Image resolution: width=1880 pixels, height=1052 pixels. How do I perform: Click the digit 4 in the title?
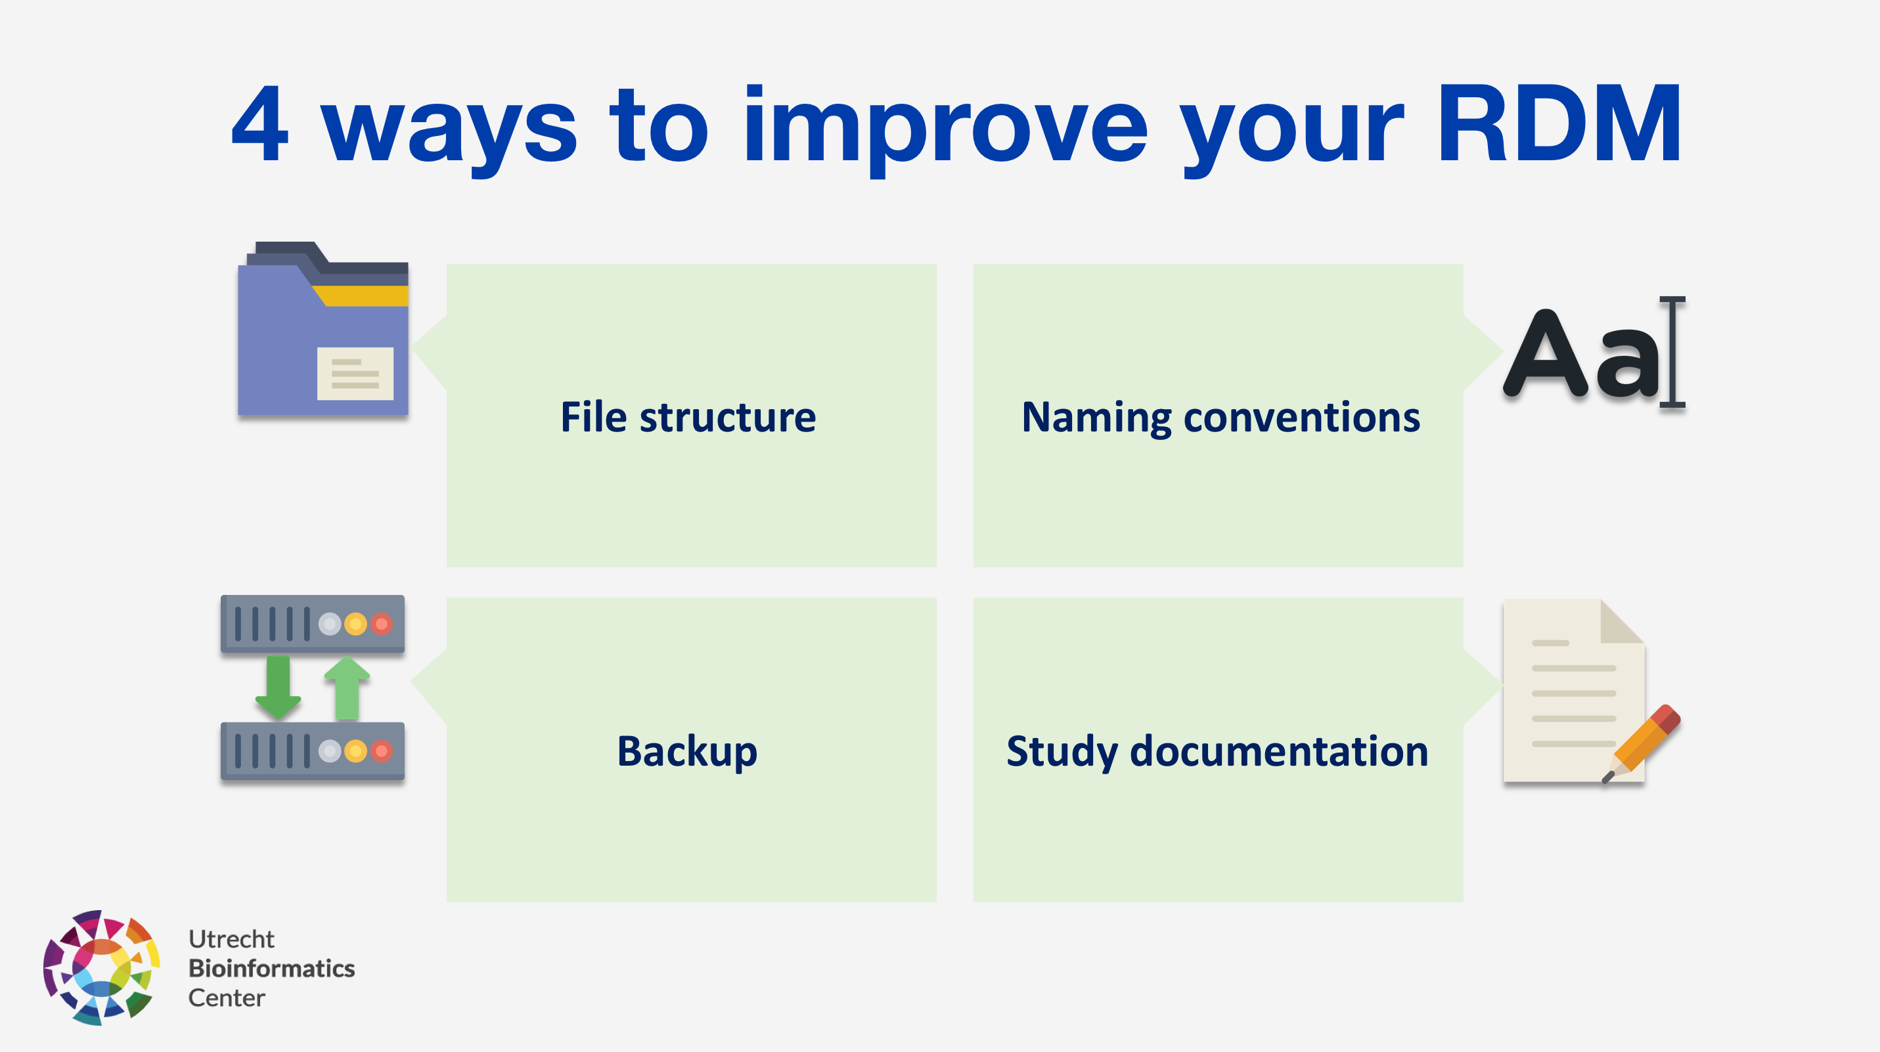click(x=260, y=124)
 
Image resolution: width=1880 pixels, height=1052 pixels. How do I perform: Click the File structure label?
click(x=688, y=417)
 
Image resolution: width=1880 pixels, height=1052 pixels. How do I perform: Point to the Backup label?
click(x=688, y=751)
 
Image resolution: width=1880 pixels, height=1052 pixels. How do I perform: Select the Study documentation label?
click(x=1217, y=752)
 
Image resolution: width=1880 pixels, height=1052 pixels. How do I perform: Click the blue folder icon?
click(x=323, y=328)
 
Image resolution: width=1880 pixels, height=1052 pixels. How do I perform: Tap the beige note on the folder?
click(x=355, y=374)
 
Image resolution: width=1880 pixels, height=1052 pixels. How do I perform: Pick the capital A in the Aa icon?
click(x=1545, y=354)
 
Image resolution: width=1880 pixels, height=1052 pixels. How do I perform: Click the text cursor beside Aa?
click(x=1672, y=351)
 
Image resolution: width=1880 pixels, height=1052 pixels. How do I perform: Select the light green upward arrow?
click(x=347, y=688)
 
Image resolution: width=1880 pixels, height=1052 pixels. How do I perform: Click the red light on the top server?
click(x=382, y=625)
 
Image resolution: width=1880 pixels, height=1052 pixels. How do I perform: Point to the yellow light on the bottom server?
click(x=355, y=751)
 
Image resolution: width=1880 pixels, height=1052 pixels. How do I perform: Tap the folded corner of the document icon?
click(x=1623, y=621)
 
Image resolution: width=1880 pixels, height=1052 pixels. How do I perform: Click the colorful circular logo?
click(x=101, y=967)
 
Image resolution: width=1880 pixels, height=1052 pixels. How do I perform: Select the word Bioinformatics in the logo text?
click(x=271, y=968)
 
